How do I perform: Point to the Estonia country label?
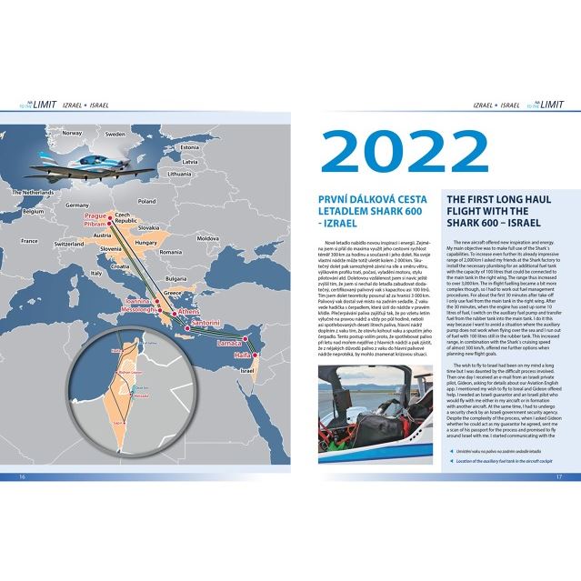tap(188, 146)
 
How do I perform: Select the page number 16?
tap(22, 476)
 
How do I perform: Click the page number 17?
tap(560, 476)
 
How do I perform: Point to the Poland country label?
tap(146, 200)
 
